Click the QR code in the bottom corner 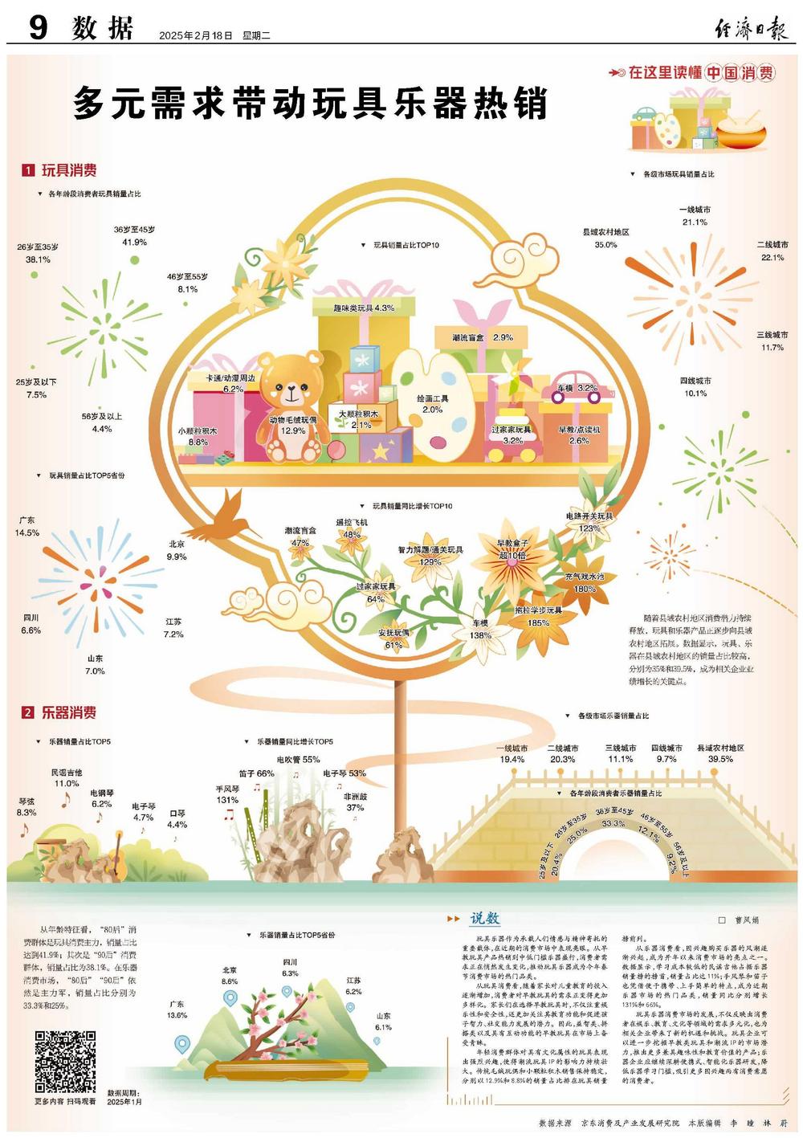point(65,1061)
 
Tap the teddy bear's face point(291,389)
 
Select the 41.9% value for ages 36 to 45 point(134,242)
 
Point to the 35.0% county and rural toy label point(605,245)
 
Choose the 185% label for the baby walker point(538,622)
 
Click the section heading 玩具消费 point(69,170)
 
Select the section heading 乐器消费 point(69,712)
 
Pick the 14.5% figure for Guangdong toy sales point(26,532)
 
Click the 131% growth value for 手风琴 point(227,800)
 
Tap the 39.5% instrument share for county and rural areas point(720,759)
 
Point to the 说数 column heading point(485,918)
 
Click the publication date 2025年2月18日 point(195,35)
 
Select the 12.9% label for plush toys point(292,430)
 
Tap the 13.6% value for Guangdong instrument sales point(177,1015)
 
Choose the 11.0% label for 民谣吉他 point(67,783)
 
